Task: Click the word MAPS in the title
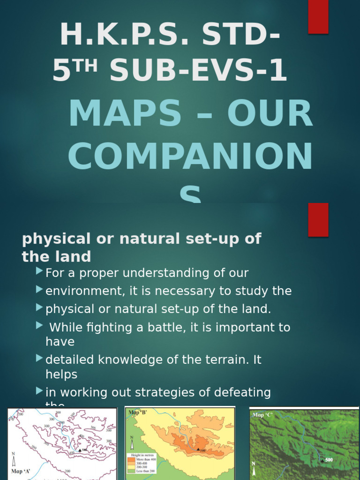(125, 113)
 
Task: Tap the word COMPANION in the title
(190, 157)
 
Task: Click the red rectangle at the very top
(318, 16)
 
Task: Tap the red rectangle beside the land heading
(318, 219)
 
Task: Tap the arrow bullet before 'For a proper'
(39, 271)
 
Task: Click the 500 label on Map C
(329, 460)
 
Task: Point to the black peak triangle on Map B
(198, 449)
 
